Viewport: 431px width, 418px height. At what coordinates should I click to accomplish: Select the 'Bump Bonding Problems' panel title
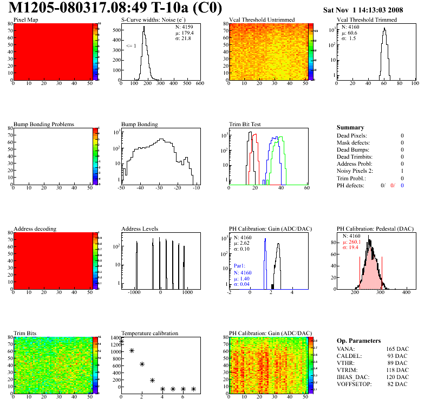tap(44, 124)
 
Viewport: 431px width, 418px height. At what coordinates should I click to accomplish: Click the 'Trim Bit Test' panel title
tap(245, 124)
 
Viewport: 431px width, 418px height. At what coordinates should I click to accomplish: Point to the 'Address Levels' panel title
tap(140, 228)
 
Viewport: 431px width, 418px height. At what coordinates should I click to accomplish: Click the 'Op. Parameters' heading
tap(358, 341)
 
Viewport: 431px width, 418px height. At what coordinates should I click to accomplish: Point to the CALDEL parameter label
tap(348, 356)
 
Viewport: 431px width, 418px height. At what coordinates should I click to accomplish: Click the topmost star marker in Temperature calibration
tap(121, 342)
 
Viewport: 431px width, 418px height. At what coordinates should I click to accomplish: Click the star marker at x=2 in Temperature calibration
tap(142, 364)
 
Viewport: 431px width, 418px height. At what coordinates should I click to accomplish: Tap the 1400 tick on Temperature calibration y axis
tap(115, 337)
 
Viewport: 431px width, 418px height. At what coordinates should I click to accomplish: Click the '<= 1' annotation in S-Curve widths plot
tap(131, 46)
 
